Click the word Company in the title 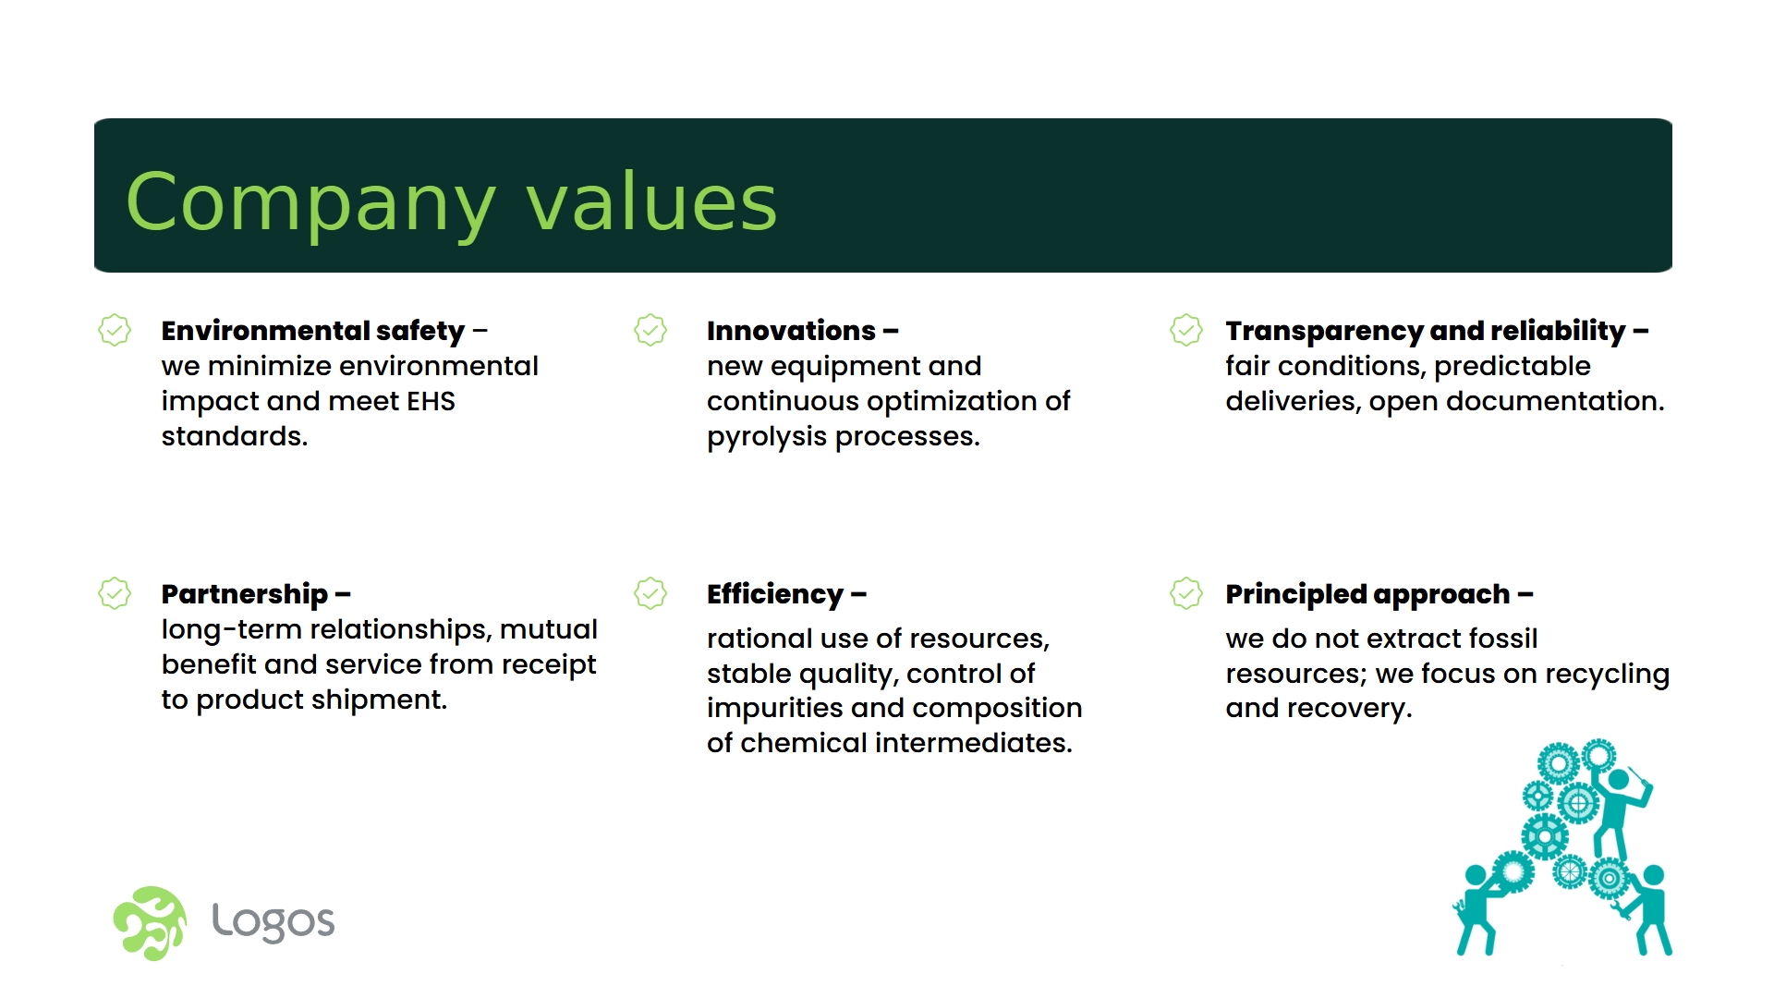pyautogui.click(x=310, y=203)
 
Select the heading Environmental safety pyautogui.click(x=313, y=331)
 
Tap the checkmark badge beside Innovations pyautogui.click(x=650, y=330)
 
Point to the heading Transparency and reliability pyautogui.click(x=1425, y=331)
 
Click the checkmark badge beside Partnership pyautogui.click(x=115, y=593)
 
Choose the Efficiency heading pyautogui.click(x=775, y=594)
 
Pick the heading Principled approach pyautogui.click(x=1367, y=594)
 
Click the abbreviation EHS pyautogui.click(x=431, y=401)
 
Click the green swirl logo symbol pyautogui.click(x=150, y=923)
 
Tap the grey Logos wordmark pyautogui.click(x=273, y=921)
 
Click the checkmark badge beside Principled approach pyautogui.click(x=1186, y=593)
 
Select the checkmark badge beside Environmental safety pyautogui.click(x=115, y=330)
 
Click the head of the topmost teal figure pyautogui.click(x=1618, y=779)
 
